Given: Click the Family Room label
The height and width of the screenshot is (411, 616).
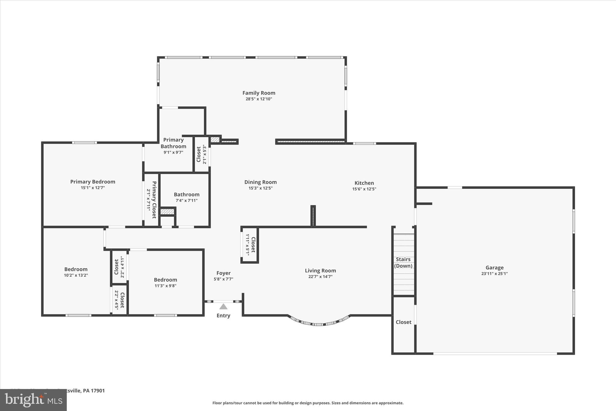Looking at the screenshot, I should tap(259, 93).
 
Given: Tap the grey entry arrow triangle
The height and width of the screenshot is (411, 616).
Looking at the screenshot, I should tap(223, 307).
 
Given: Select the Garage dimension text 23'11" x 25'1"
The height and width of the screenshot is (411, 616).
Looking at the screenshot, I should tap(494, 274).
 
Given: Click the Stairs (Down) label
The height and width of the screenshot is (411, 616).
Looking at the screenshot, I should tap(403, 263).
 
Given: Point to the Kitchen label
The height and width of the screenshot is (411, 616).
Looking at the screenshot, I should tap(364, 183).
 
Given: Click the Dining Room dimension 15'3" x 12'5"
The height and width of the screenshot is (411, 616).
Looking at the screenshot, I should tap(260, 188).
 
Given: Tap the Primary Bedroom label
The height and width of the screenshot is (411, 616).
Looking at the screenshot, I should tap(93, 182).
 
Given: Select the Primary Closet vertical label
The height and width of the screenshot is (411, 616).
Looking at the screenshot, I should tap(154, 200).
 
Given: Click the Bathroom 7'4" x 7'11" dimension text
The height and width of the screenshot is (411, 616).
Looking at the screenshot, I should tap(186, 201).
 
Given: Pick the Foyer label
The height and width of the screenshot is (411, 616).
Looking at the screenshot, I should tap(223, 273).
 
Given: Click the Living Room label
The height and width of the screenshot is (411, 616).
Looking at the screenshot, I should tap(320, 271).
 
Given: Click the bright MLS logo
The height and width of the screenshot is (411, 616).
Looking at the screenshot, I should tap(33, 400).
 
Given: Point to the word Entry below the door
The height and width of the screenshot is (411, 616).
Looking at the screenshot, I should tap(223, 316).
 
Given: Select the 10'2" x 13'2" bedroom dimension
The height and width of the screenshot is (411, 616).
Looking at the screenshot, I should tap(76, 275).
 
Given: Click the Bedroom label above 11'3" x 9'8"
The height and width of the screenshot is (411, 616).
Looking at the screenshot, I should tap(165, 280).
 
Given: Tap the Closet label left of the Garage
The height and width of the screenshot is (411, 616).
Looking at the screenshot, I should tap(403, 322).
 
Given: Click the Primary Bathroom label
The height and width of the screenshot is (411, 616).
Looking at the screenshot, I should tap(173, 143).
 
